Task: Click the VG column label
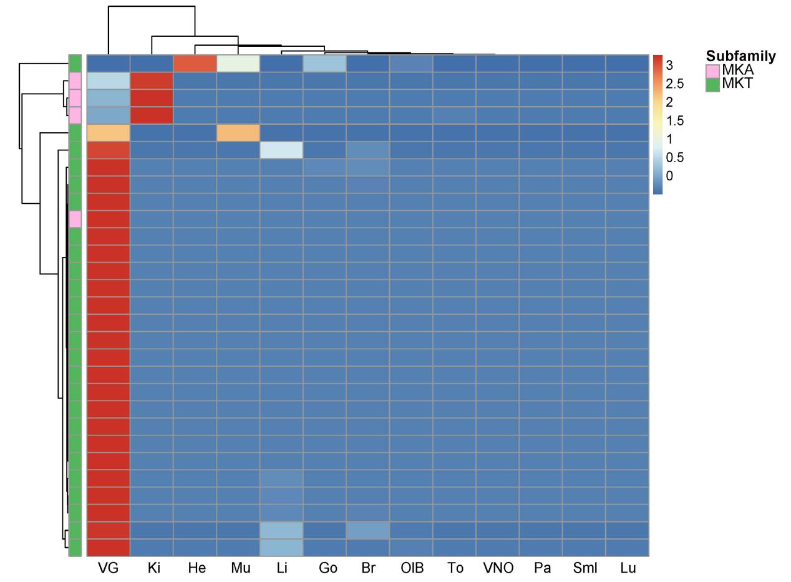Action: [108, 568]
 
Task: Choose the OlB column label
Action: [412, 568]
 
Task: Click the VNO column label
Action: [498, 568]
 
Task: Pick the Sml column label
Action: [585, 568]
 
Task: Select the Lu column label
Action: [628, 568]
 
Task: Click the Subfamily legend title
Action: [740, 57]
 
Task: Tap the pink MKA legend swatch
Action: [712, 70]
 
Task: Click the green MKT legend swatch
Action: [712, 84]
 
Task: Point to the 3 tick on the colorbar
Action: [669, 65]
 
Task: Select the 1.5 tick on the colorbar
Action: [674, 120]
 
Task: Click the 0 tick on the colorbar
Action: [669, 176]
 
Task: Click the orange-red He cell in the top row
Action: [195, 64]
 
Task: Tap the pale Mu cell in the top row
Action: [238, 64]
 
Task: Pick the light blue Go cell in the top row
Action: [324, 64]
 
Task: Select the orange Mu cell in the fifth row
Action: [238, 133]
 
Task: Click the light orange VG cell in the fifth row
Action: [109, 133]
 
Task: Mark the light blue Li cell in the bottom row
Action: [281, 547]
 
